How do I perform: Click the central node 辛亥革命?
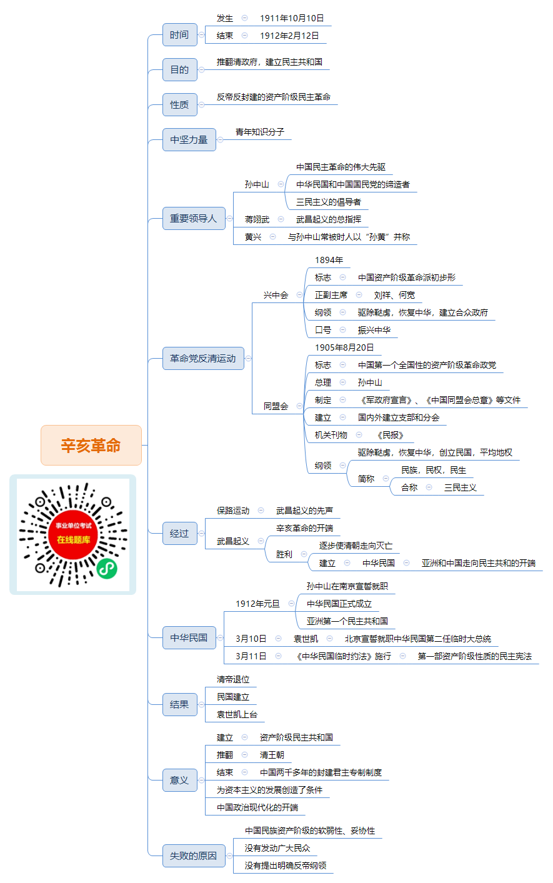[91, 445]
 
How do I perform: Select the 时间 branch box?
[180, 35]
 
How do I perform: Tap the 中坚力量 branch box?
[189, 139]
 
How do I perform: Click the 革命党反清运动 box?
[203, 358]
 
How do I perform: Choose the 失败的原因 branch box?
[194, 856]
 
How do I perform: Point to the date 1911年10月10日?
[292, 18]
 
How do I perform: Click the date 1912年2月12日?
[289, 36]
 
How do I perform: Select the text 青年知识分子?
[260, 132]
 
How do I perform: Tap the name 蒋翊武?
[257, 219]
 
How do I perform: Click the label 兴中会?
[276, 295]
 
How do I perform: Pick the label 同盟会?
[276, 406]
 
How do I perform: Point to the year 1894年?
[329, 260]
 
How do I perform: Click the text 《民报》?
[390, 435]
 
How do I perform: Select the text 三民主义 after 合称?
[461, 487]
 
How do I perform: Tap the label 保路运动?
[233, 511]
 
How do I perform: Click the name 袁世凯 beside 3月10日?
[306, 639]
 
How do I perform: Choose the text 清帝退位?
[233, 680]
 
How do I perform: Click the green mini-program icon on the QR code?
[107, 569]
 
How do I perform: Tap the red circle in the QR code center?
[73, 534]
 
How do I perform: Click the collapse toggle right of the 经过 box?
[201, 533]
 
